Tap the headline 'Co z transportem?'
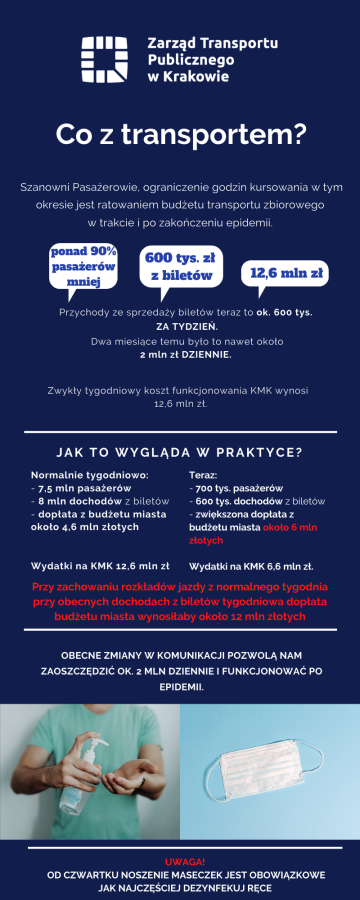point(180,133)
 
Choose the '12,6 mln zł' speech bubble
point(285,272)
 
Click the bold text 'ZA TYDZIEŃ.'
point(180,326)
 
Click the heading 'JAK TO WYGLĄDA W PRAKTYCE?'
point(180,451)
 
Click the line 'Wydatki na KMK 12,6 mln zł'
point(100,565)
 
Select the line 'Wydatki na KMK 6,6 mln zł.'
point(252,565)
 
